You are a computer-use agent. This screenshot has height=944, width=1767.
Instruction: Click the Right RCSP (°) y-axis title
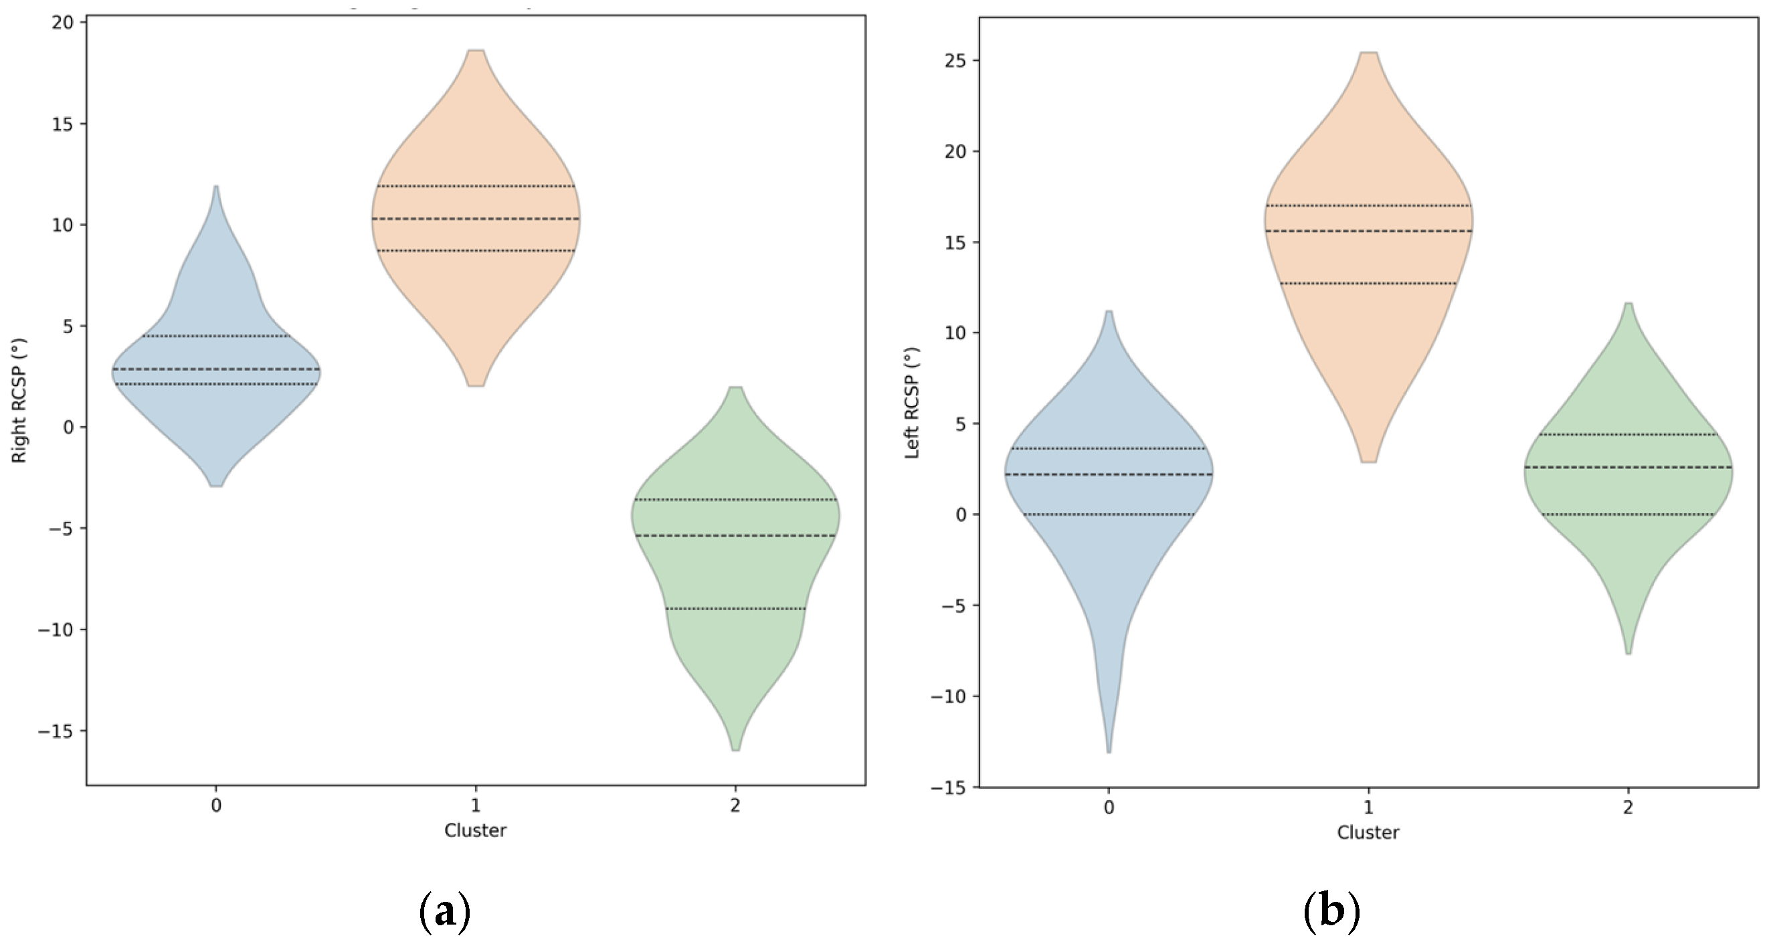coord(19,400)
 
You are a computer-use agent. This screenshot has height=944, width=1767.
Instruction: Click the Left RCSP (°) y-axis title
coord(912,403)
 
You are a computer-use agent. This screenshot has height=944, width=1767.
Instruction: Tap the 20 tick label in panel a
coord(62,23)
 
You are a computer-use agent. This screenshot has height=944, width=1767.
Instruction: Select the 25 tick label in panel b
coord(955,61)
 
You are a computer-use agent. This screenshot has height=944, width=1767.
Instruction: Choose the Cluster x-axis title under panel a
coord(474,831)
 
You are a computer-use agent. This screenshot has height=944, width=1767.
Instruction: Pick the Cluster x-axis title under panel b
coord(1368,833)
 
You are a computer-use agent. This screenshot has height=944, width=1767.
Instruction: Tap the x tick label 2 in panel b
coord(1628,808)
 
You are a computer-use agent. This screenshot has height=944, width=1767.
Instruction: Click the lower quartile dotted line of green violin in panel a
coord(735,609)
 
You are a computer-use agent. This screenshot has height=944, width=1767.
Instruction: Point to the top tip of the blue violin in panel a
coord(216,187)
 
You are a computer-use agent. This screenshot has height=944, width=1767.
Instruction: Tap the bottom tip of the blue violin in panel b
coord(1109,752)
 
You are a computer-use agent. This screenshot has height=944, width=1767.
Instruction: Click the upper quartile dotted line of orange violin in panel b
coord(1368,206)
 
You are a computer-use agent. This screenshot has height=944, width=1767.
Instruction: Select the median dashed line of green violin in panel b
coord(1628,467)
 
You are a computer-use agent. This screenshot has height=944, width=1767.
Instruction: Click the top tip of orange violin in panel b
coord(1368,53)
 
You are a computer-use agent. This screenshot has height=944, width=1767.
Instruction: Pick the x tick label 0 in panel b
coord(1109,808)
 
